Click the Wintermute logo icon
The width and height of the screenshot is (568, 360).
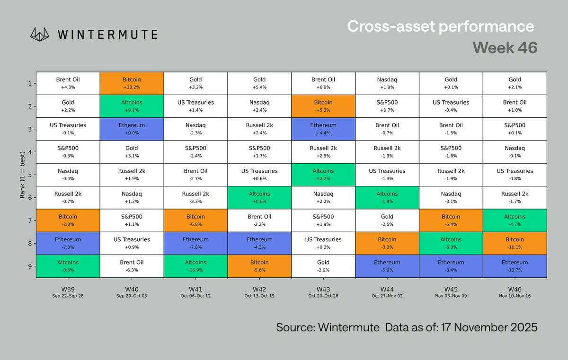click(40, 34)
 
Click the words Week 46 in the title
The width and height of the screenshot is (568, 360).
click(505, 48)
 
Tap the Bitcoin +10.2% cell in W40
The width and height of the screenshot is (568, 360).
click(132, 83)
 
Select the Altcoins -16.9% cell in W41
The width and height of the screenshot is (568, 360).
click(195, 266)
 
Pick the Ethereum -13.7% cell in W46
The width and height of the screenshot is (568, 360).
click(515, 266)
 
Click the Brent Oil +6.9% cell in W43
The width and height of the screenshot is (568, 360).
click(323, 83)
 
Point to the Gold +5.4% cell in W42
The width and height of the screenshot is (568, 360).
click(259, 83)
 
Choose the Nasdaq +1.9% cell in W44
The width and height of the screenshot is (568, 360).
click(387, 83)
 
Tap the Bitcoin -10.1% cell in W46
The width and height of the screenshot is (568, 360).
click(515, 243)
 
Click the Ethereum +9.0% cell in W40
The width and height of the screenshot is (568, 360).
click(132, 129)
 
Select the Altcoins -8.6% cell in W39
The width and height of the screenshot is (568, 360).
click(68, 266)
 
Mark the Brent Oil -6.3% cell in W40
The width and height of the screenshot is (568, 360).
click(132, 266)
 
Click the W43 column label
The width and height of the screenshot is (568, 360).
click(323, 289)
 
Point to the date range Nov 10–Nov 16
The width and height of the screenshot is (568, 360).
click(515, 296)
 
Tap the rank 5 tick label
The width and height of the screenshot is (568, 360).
click(30, 175)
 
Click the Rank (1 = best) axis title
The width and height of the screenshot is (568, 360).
click(22, 175)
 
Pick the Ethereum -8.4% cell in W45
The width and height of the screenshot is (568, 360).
click(451, 266)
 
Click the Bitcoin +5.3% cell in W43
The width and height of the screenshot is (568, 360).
click(323, 106)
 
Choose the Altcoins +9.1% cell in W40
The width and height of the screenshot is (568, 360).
click(132, 106)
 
